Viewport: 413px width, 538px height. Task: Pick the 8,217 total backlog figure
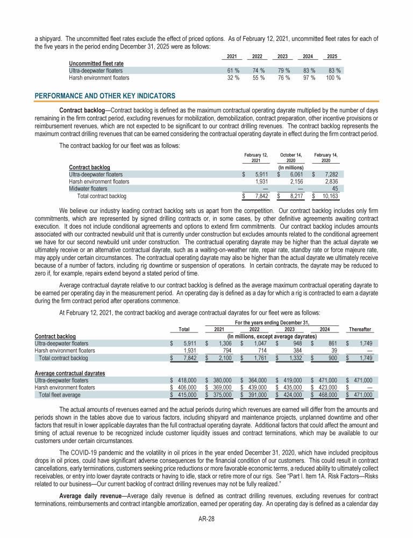(294, 196)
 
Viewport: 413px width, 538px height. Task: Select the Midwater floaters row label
(88, 188)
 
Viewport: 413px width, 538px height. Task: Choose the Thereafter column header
(360, 329)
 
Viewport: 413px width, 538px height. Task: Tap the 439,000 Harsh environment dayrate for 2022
(257, 387)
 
